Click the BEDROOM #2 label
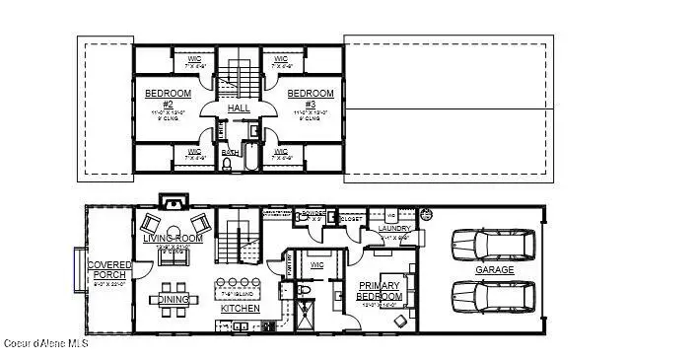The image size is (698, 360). (160, 99)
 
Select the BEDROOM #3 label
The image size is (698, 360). (311, 99)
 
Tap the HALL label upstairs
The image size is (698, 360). (239, 108)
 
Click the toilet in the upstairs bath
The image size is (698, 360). (228, 166)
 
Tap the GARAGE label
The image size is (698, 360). (494, 270)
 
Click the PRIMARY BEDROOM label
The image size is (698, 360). (379, 291)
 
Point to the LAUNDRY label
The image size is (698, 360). (394, 229)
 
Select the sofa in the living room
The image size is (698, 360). (174, 254)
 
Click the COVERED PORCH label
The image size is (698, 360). (108, 270)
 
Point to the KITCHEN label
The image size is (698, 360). (240, 309)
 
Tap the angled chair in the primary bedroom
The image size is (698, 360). (400, 321)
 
